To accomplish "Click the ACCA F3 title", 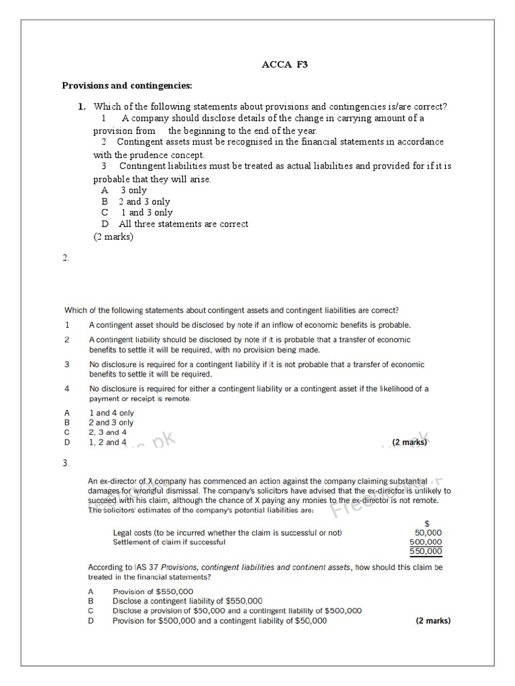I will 285,65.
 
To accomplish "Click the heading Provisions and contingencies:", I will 127,86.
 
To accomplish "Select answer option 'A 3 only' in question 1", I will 124,190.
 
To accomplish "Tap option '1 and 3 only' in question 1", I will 146,212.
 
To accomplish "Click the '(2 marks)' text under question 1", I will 113,236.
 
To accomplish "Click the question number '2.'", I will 66,259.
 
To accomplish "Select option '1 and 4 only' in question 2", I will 111,413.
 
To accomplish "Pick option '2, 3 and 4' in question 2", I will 107,432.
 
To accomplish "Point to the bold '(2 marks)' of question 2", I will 409,442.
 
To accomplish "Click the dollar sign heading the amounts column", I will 427,522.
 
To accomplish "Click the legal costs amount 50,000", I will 428,533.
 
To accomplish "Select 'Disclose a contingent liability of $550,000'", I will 187,601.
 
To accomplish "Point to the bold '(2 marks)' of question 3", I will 433,620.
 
